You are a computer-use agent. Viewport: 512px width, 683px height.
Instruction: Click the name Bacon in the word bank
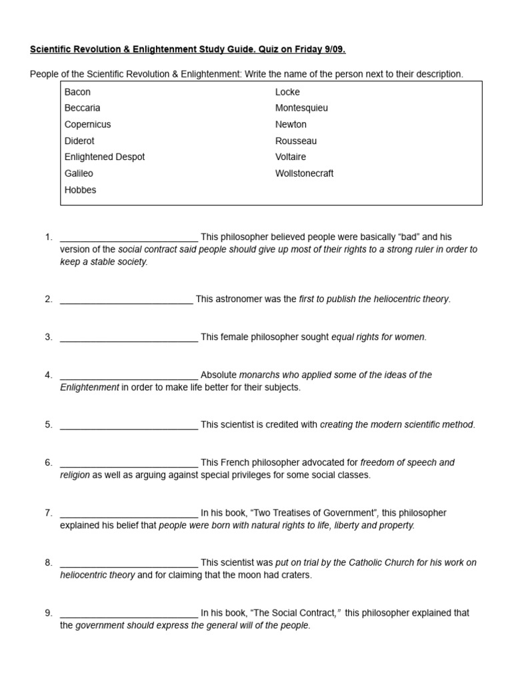[77, 91]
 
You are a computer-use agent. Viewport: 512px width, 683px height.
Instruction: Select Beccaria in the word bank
[83, 107]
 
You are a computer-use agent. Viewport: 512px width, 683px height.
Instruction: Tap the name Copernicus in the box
[87, 124]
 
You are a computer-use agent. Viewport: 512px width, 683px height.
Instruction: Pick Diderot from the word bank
[80, 141]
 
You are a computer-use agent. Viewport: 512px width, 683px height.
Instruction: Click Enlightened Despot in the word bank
[105, 157]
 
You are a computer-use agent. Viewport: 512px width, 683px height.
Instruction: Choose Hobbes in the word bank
[80, 189]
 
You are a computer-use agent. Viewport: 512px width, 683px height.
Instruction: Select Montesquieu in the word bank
[301, 107]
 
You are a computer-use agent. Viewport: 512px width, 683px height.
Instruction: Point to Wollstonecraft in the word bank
[304, 173]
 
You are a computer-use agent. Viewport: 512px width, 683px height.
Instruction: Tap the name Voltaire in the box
[291, 157]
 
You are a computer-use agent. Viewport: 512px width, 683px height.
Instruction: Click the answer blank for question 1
[129, 237]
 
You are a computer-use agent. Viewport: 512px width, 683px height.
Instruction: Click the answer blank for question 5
[129, 425]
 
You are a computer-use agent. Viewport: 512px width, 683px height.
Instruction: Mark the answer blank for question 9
[129, 613]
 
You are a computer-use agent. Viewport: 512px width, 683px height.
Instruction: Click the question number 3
[49, 337]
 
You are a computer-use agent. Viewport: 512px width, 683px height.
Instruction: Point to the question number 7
[49, 513]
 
